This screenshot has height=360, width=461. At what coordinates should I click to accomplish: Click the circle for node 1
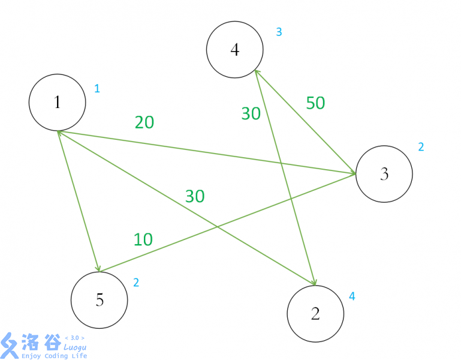pos(57,102)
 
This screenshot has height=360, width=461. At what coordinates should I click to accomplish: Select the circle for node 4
pos(234,50)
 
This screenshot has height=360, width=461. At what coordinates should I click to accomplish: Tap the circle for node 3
pos(384,174)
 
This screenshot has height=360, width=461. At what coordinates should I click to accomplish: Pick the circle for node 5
pos(99,299)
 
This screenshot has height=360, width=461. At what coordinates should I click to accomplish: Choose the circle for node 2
pos(315,314)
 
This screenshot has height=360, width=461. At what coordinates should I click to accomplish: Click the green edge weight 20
pos(144,122)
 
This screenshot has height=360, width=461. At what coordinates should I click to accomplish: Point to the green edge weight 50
pos(315,103)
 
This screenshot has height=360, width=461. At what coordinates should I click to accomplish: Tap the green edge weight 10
pos(143,239)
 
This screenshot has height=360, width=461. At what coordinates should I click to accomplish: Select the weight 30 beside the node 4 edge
pos(251,113)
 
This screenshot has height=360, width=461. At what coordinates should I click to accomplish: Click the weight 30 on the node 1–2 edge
pos(195,196)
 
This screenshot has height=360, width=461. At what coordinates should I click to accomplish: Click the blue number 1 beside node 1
pos(97,89)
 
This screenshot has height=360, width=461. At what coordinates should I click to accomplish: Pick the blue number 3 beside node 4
pos(279,32)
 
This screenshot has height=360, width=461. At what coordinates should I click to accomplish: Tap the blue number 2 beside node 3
pos(421,147)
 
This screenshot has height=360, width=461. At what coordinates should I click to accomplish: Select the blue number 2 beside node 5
pos(136,282)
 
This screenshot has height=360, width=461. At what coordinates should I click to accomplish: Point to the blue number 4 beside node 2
pos(352,296)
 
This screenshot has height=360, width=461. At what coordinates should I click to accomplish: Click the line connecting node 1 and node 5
pos(78,201)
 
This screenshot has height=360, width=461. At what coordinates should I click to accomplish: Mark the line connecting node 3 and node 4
pos(306,122)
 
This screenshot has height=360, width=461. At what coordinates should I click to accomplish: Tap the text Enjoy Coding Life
pos(54,356)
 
